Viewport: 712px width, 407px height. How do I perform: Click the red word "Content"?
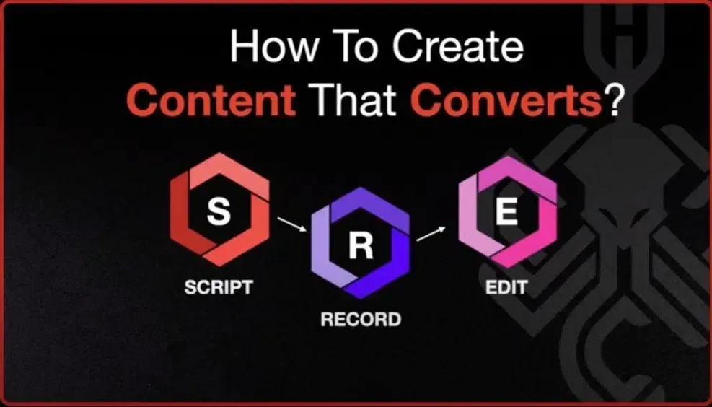(x=211, y=100)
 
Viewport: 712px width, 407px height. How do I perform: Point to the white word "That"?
(x=352, y=100)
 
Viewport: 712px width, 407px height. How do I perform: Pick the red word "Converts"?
(x=506, y=100)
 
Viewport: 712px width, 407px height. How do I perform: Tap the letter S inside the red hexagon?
(x=219, y=212)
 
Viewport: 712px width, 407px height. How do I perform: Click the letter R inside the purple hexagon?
(x=361, y=247)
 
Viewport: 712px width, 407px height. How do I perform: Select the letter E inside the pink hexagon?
(x=506, y=213)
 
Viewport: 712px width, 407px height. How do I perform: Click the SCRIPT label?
(x=219, y=287)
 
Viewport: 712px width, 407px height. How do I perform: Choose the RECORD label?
(x=361, y=320)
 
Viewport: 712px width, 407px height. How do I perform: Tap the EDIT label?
(x=506, y=287)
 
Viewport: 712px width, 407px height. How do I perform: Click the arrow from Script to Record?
(x=292, y=224)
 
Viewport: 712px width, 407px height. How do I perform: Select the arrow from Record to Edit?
(x=431, y=234)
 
